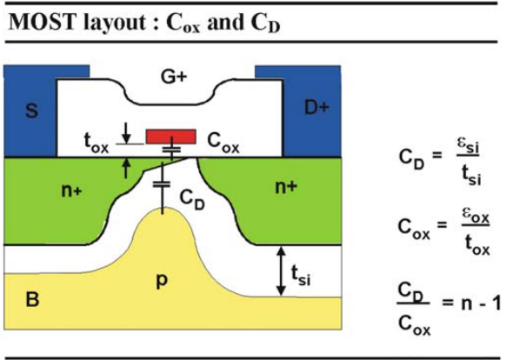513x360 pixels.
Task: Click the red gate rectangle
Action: (171, 137)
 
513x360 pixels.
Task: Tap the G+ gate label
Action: (174, 77)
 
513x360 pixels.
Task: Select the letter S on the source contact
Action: (31, 110)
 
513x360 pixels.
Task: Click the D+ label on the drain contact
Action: (316, 107)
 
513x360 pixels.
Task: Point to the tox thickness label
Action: (97, 143)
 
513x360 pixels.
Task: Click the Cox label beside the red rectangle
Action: (223, 143)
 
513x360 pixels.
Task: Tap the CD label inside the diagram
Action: (192, 199)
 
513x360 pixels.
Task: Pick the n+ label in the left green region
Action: (71, 190)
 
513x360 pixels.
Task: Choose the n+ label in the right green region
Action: (286, 187)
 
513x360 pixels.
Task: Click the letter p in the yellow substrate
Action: (163, 281)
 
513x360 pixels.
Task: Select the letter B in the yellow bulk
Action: (32, 299)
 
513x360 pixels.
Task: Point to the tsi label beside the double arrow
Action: (301, 276)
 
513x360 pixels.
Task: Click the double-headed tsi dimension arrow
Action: (281, 271)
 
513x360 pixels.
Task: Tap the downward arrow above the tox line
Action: (126, 133)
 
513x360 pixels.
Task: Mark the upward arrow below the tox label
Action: (126, 168)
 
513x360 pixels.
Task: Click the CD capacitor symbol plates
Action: (162, 185)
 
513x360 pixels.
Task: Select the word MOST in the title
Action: (41, 23)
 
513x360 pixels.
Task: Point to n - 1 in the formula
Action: (481, 303)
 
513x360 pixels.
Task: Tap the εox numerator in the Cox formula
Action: (476, 217)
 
